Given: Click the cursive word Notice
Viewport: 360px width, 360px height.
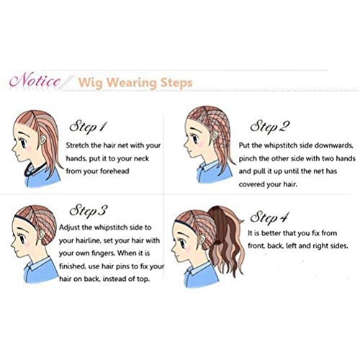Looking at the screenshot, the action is point(35,80).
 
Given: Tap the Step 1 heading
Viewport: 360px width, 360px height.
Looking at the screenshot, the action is point(88,127).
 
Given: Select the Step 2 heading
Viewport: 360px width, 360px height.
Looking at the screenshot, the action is point(270,127).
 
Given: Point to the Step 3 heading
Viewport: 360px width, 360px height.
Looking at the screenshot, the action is point(88,211).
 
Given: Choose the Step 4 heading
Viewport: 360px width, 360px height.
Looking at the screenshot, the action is point(269,217).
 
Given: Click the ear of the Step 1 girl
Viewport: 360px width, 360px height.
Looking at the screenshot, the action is point(43,139).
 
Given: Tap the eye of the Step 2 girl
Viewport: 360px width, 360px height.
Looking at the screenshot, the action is point(195,138).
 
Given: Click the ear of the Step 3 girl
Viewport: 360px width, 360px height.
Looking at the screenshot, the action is point(42,235).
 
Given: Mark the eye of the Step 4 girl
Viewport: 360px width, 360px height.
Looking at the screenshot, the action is point(182,244).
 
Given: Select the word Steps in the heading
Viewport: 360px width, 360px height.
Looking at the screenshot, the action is point(176,83).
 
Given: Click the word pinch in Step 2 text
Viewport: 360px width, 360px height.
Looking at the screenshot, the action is point(248,158).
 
